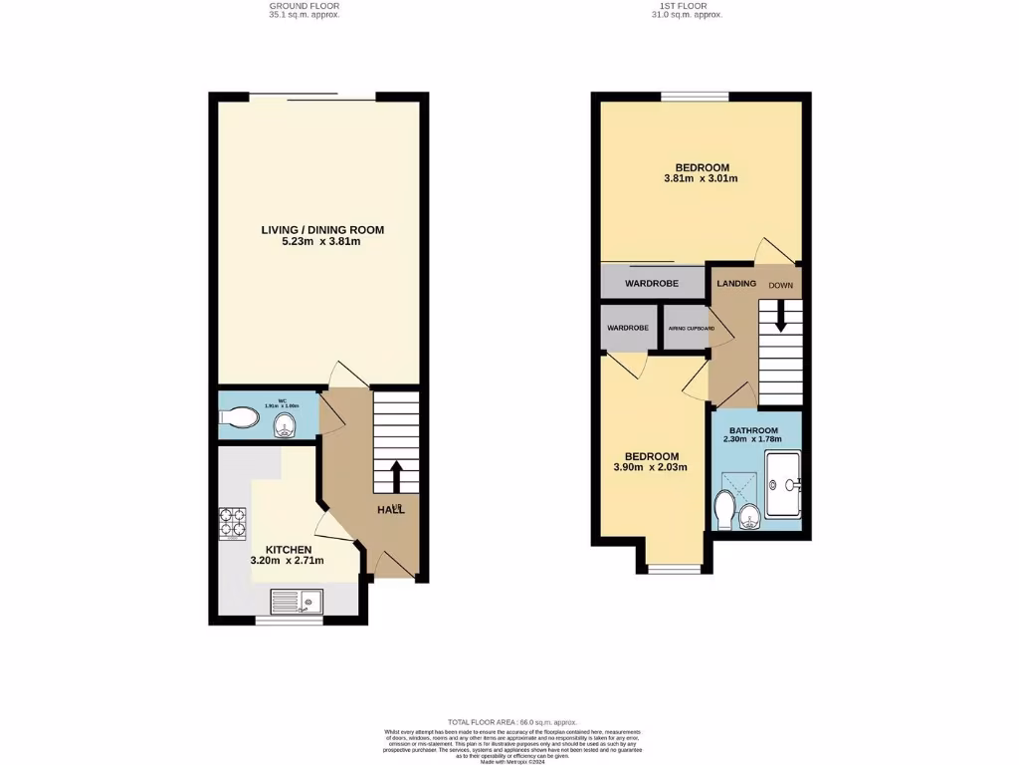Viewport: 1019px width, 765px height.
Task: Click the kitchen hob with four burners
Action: (x=232, y=522)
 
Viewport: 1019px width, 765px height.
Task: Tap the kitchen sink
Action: (x=297, y=602)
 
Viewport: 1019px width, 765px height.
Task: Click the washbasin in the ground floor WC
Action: (x=286, y=426)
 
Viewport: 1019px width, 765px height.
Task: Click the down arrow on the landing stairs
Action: (x=780, y=319)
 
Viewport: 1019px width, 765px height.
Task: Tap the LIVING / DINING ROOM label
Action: (x=322, y=230)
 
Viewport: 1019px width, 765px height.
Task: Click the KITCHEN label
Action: (x=289, y=550)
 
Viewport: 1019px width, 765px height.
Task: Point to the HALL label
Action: (x=390, y=511)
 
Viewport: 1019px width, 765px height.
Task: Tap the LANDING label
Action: (x=736, y=283)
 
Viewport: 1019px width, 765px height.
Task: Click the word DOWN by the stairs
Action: (x=780, y=284)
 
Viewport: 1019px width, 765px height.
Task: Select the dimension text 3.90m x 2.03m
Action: (x=651, y=467)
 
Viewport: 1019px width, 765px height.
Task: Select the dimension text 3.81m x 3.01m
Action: (x=702, y=179)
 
